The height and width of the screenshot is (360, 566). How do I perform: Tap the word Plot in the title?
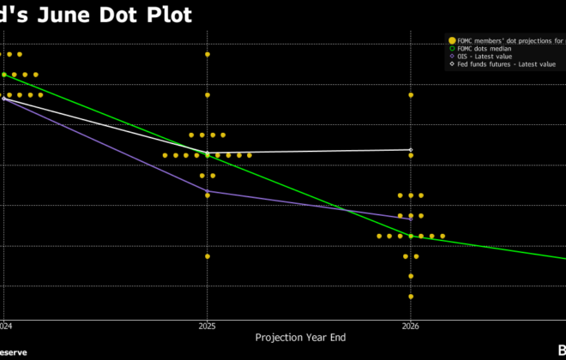pyautogui.click(x=167, y=14)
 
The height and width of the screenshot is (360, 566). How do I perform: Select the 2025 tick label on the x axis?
pyautogui.click(x=207, y=327)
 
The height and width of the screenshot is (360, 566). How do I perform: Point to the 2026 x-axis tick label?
pyautogui.click(x=411, y=327)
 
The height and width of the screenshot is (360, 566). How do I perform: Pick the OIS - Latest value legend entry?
pyautogui.click(x=485, y=57)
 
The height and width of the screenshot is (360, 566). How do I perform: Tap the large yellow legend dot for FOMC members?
pyautogui.click(x=452, y=40)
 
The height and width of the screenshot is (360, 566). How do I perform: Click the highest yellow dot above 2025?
pyautogui.click(x=208, y=54)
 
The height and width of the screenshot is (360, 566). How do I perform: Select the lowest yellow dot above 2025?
pyautogui.click(x=208, y=256)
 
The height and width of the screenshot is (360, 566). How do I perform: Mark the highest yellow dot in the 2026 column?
pyautogui.click(x=411, y=95)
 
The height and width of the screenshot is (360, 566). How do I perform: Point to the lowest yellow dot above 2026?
pyautogui.click(x=411, y=297)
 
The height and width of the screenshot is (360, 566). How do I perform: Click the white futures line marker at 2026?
pyautogui.click(x=411, y=150)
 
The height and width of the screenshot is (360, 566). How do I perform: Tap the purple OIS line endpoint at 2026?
pyautogui.click(x=411, y=219)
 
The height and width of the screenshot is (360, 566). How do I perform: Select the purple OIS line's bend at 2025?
pyautogui.click(x=208, y=191)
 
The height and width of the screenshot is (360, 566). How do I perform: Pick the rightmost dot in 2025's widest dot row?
pyautogui.click(x=250, y=155)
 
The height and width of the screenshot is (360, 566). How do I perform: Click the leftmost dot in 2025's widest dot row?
pyautogui.click(x=165, y=155)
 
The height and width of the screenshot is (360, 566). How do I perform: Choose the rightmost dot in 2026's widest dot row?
pyautogui.click(x=443, y=236)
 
